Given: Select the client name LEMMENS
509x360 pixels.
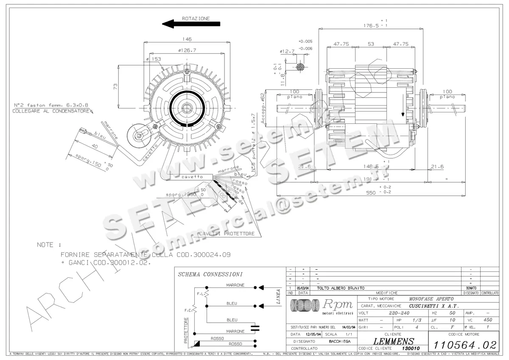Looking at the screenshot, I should pyautogui.click(x=394, y=341).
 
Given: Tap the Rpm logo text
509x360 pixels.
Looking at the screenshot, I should pyautogui.click(x=338, y=304).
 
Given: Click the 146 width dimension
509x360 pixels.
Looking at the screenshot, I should pyautogui.click(x=187, y=39).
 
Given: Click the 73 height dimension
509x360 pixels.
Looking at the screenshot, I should pyautogui.click(x=115, y=86).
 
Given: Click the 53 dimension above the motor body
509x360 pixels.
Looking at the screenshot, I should pyautogui.click(x=371, y=44).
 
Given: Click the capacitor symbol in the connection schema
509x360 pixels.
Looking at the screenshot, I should pyautogui.click(x=255, y=327).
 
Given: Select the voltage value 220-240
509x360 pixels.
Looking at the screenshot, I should pyautogui.click(x=399, y=313).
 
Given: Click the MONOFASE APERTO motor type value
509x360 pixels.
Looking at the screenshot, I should pyautogui.click(x=431, y=299).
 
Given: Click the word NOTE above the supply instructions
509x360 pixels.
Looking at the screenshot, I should pyautogui.click(x=45, y=245).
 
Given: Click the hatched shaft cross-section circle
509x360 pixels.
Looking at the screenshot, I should pyautogui.click(x=301, y=67).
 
